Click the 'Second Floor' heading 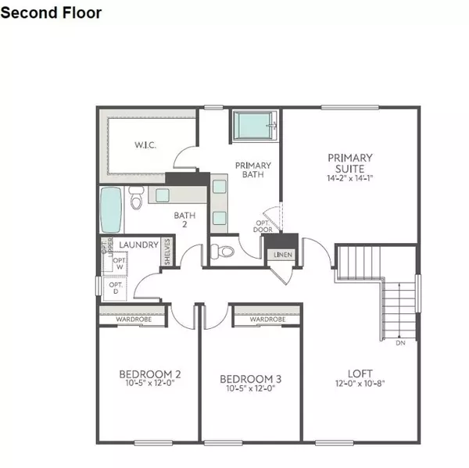51,13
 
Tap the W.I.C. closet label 146,145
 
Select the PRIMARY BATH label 253,170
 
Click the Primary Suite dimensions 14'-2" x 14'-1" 349,177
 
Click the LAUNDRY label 138,245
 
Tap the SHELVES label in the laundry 167,252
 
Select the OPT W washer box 119,264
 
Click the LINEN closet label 282,254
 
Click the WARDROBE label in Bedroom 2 133,320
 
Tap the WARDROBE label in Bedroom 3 267,320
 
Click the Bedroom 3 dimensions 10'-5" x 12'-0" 251,388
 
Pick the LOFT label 360,373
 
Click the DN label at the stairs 400,342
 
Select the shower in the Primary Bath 255,126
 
